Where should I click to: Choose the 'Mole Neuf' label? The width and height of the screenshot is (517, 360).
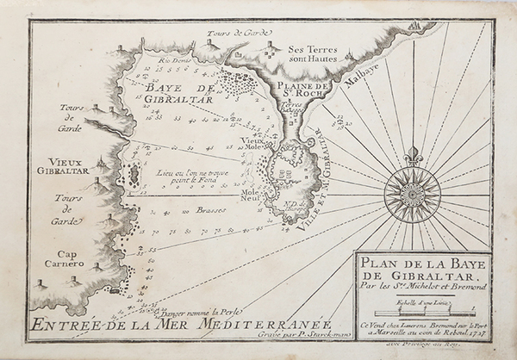[x=251, y=196]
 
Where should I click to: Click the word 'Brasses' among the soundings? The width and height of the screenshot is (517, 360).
[x=212, y=209]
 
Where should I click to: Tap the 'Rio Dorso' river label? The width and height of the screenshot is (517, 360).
[x=172, y=61]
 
